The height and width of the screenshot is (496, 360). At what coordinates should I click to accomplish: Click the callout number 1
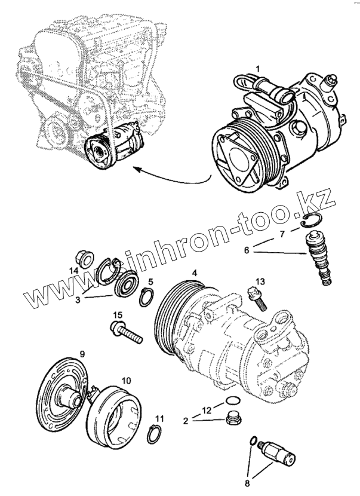[x=258, y=69]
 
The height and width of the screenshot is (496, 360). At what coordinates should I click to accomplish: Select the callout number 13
[x=260, y=281]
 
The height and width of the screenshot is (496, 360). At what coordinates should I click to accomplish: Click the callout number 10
[x=127, y=380]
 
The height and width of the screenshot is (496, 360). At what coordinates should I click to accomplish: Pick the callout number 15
[x=118, y=315]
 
